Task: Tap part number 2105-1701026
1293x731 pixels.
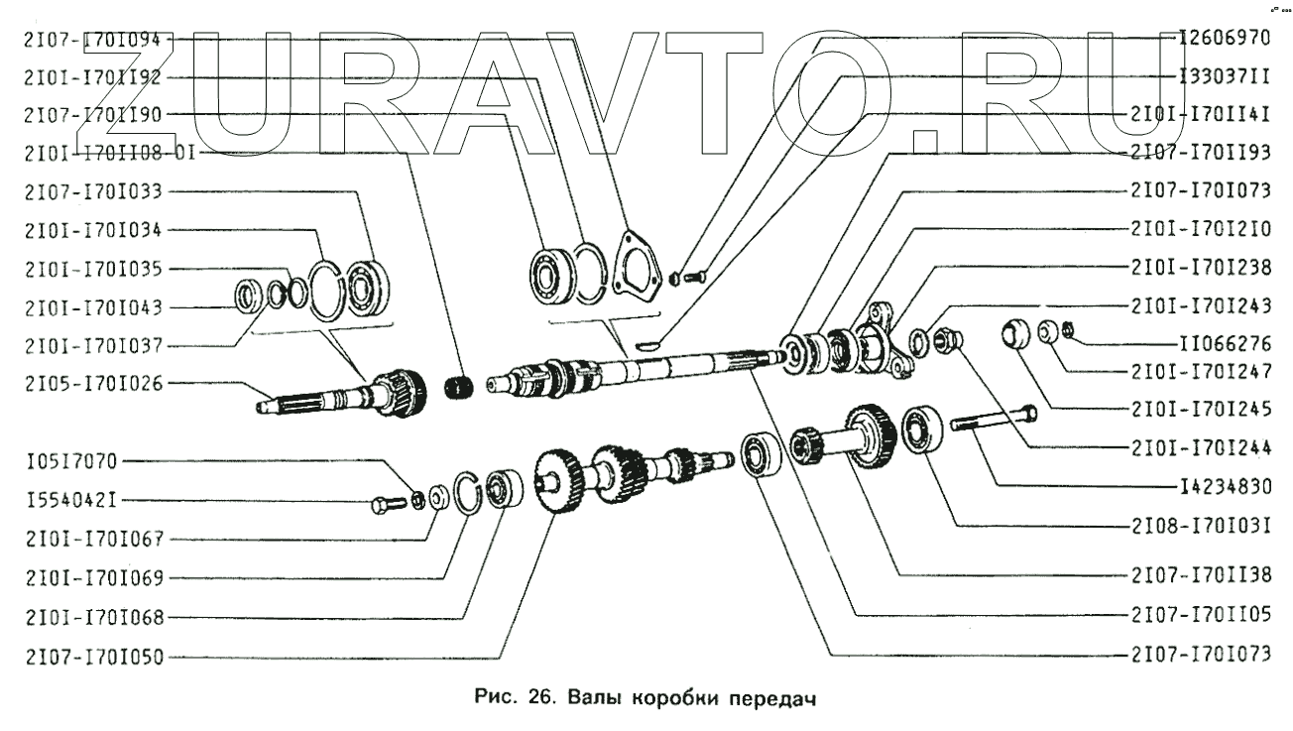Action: click(95, 383)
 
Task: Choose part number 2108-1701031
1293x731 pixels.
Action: click(1200, 524)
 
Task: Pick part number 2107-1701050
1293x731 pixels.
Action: click(95, 656)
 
